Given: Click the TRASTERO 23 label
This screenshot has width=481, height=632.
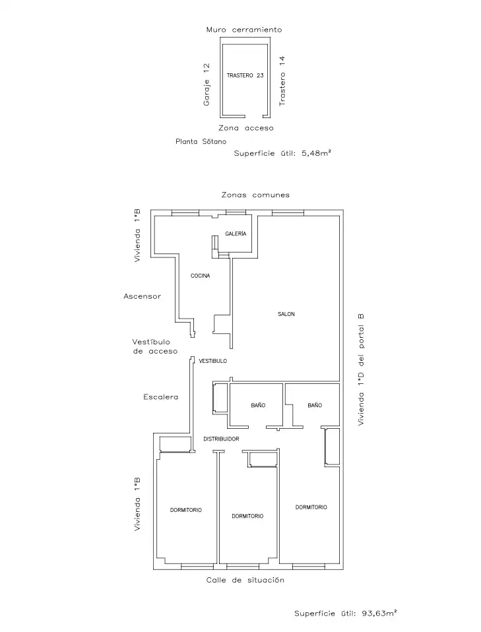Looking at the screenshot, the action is [245, 75].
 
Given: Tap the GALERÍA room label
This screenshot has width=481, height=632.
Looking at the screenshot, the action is [236, 234].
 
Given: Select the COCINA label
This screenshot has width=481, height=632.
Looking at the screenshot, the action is [201, 276].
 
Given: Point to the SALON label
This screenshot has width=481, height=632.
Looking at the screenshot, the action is [286, 314].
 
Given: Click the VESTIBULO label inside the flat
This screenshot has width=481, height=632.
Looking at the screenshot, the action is [213, 361].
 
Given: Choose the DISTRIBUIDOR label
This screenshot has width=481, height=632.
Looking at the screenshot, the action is [221, 439].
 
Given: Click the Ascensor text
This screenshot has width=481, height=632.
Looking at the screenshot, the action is [143, 296].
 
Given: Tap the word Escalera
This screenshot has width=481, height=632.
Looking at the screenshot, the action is [160, 397].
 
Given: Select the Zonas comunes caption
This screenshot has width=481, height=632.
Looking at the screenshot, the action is [255, 195].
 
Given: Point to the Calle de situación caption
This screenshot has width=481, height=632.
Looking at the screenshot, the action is [245, 580].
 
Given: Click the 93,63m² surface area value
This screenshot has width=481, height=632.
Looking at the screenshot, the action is [379, 614].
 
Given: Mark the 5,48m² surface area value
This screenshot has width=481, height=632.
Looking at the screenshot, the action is [317, 153].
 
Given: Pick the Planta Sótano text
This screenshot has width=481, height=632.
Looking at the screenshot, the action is [201, 141].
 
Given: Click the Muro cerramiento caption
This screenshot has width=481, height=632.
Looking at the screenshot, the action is [244, 30].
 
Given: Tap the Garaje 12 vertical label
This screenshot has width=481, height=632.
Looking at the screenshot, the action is [207, 84].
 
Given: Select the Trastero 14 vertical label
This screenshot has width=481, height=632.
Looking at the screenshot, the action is [282, 80].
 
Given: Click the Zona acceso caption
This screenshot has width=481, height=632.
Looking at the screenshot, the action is [246, 128].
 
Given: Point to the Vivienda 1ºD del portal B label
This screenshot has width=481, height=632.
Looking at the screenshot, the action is [361, 369].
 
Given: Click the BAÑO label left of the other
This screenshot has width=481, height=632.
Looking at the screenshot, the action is [258, 406].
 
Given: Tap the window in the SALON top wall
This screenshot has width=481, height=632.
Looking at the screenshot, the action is [288, 213].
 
